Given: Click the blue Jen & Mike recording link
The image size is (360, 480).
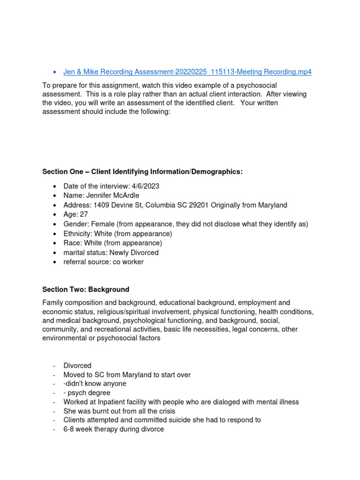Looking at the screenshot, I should click(187, 72).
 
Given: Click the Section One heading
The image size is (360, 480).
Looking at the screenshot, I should click(142, 172).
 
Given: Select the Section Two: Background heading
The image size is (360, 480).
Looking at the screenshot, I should click(86, 290).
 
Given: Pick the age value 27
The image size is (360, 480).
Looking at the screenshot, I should click(83, 214).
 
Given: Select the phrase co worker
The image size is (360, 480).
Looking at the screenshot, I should click(128, 262).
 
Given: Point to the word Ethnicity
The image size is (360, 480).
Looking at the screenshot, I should click(77, 233).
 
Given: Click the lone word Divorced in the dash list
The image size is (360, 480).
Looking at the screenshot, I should click(77, 366).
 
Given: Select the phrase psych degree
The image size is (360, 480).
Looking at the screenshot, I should click(89, 393).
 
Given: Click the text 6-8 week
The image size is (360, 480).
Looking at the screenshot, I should click(78, 429).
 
